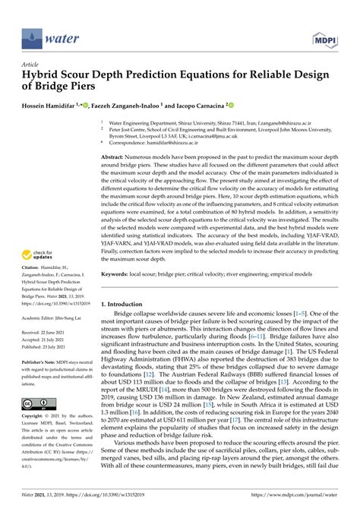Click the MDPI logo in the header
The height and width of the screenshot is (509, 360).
pos(324,37)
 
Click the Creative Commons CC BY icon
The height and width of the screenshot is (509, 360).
pos(35,405)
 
